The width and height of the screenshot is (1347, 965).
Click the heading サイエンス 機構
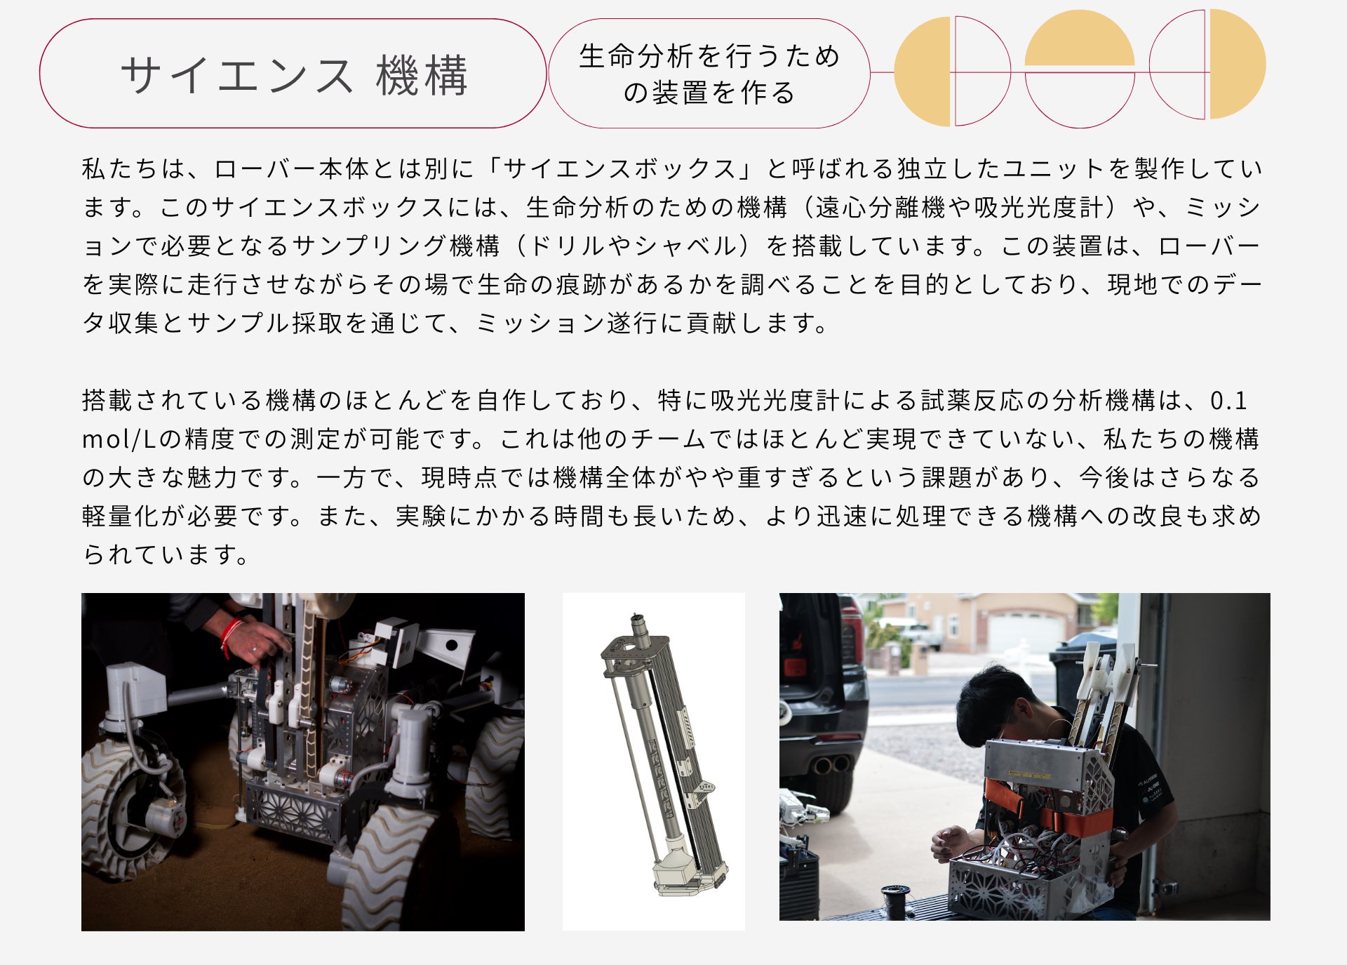tap(294, 74)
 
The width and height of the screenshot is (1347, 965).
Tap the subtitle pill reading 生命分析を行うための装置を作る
tap(709, 74)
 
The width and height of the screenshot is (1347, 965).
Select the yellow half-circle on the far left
tap(922, 72)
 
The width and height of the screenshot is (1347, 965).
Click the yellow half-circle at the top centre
tap(1080, 39)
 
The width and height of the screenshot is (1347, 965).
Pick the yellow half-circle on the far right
tap(1238, 64)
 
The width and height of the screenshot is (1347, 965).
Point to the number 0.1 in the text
tap(1229, 401)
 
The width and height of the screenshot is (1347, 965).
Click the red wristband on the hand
tap(227, 636)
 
